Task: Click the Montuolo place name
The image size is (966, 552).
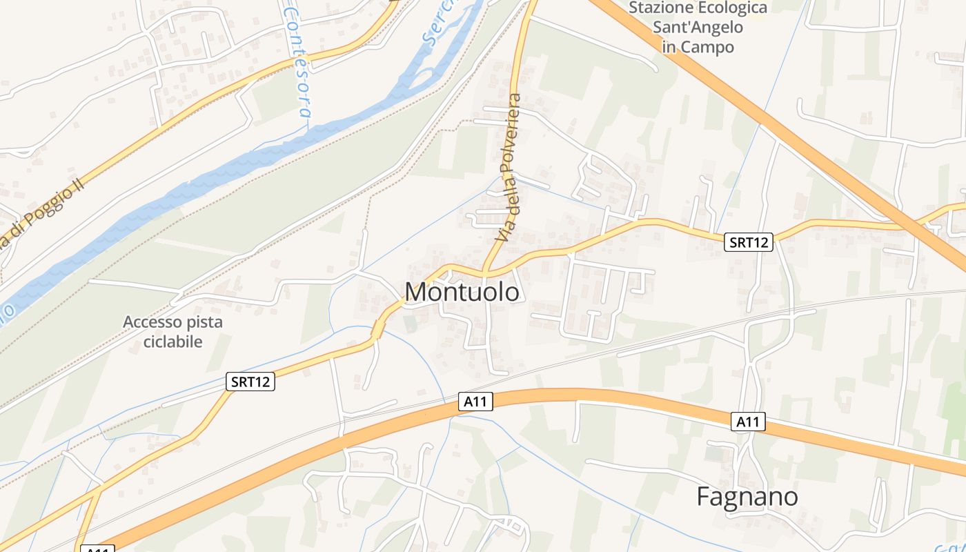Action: pos(462,292)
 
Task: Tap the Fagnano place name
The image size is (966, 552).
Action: pos(747,497)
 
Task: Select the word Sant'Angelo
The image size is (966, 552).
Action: pos(698,28)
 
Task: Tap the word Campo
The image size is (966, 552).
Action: pos(707,47)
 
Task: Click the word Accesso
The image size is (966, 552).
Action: pos(152,322)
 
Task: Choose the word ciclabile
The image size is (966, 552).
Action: pos(173,342)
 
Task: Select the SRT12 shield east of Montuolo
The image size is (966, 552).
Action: pos(749,242)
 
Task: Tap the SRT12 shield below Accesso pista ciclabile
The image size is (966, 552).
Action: pos(250,382)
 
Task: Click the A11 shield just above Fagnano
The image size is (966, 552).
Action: pos(749,422)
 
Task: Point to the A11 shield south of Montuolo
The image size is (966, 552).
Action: pos(475,402)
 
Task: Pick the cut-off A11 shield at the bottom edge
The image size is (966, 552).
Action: pos(97,549)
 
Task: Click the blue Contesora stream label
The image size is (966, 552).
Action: pos(299,62)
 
